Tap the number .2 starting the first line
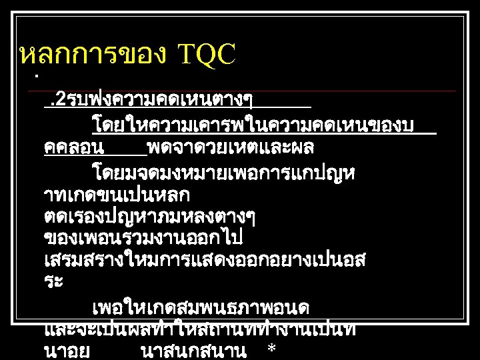[x=53, y=101]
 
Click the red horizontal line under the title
[x=247, y=91]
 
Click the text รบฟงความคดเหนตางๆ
[x=159, y=101]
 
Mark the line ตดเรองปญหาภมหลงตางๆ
[x=149, y=217]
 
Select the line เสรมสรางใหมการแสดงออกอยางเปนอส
[x=203, y=260]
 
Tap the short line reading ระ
[x=53, y=281]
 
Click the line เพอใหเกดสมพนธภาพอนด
[x=200, y=309]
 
